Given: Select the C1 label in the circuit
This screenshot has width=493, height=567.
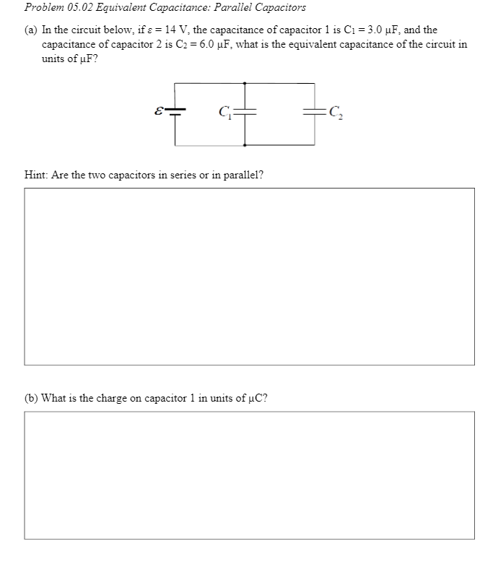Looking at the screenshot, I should pyautogui.click(x=225, y=113).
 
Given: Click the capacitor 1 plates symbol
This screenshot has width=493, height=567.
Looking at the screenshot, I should pyautogui.click(x=245, y=112).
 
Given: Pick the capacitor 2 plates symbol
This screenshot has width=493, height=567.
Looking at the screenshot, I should pyautogui.click(x=313, y=112).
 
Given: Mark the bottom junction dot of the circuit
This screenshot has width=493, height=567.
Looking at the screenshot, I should pyautogui.click(x=245, y=145).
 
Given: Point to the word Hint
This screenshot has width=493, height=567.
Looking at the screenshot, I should pyautogui.click(x=35, y=175).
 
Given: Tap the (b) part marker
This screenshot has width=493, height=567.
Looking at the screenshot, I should pyautogui.click(x=32, y=398).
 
